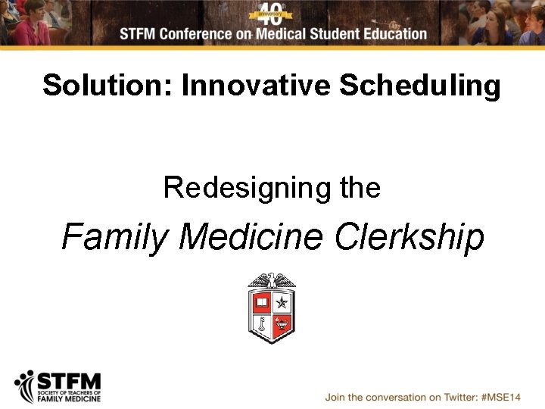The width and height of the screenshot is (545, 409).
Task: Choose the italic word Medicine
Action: click(x=252, y=237)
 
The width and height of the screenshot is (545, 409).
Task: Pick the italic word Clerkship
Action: click(x=410, y=238)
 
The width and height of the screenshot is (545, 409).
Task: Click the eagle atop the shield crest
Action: click(x=272, y=280)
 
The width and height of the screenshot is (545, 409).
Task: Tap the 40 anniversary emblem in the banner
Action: click(x=272, y=13)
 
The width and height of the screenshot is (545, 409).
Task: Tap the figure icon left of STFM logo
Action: click(x=26, y=386)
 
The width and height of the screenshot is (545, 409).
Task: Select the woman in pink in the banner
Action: click(x=34, y=27)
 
